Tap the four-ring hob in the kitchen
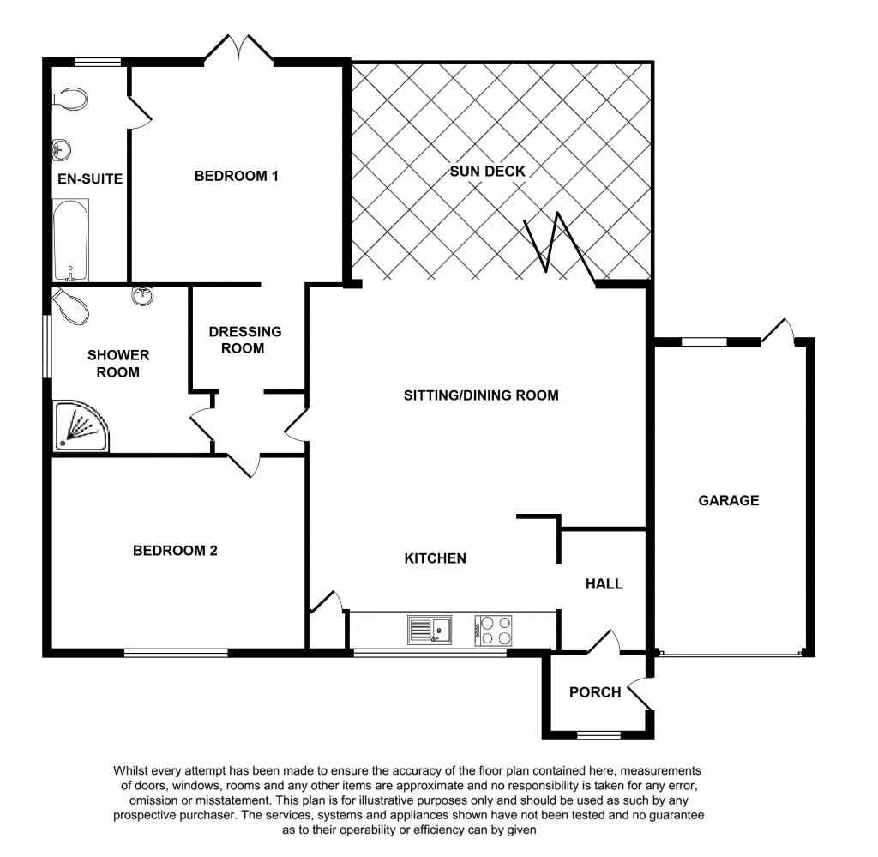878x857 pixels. click(494, 631)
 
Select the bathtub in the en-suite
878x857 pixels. click(70, 240)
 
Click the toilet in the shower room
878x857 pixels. click(69, 307)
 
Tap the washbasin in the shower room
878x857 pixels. click(143, 296)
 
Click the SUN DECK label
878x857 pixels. click(487, 171)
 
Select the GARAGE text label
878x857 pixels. click(728, 500)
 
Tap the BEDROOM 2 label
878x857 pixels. click(175, 551)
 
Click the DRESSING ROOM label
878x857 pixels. click(245, 340)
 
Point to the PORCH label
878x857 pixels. click(595, 692)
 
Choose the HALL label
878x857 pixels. click(604, 584)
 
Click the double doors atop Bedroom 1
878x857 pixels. click(238, 49)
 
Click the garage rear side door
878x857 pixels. click(778, 330)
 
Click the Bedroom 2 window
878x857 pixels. click(176, 654)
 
